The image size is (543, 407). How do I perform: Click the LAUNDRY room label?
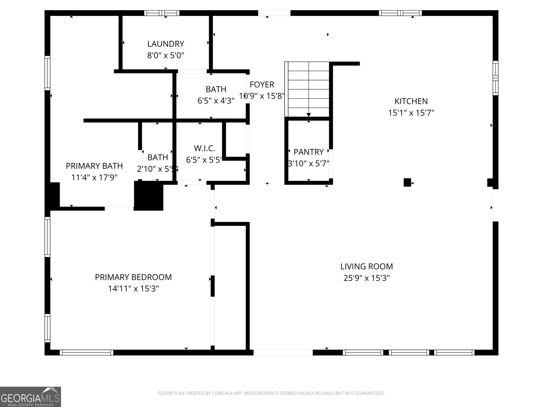[166, 44]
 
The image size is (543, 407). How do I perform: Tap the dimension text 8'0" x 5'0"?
[166, 55]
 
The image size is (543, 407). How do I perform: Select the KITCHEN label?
[411, 101]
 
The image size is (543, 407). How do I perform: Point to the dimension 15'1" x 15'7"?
[411, 113]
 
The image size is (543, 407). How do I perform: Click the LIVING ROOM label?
[367, 267]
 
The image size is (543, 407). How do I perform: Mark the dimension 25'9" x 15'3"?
[367, 278]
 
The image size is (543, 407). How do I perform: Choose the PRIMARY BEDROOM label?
[133, 277]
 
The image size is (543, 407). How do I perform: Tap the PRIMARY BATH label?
[94, 166]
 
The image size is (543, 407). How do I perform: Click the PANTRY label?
[308, 152]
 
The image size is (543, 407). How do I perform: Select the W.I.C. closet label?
[204, 148]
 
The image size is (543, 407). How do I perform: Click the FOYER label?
[262, 84]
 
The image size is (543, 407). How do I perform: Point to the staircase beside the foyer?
[307, 89]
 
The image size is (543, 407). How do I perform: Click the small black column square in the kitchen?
[407, 182]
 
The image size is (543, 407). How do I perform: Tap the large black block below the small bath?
[149, 196]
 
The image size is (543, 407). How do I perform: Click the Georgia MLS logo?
[30, 397]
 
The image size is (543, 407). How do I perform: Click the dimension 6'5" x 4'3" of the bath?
[216, 101]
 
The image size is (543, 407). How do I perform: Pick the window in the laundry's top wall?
[162, 13]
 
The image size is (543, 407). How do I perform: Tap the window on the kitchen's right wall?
[495, 78]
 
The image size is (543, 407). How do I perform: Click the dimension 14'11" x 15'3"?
[133, 289]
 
